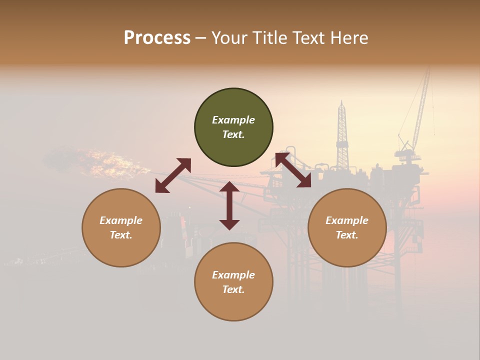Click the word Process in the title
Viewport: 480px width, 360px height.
pos(157,38)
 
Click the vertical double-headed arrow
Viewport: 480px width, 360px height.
pos(229,205)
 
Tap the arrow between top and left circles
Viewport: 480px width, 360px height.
pos(173,175)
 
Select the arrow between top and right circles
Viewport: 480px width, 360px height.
pos(293,170)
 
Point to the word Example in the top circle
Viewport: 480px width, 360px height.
pos(233,120)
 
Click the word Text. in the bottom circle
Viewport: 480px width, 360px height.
pos(233,289)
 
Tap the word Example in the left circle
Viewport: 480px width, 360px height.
pos(121,220)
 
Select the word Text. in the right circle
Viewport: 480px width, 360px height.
pos(347,235)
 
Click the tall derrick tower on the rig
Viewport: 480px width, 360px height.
pos(342,135)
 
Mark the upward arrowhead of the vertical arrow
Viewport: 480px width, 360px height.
pos(229,187)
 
